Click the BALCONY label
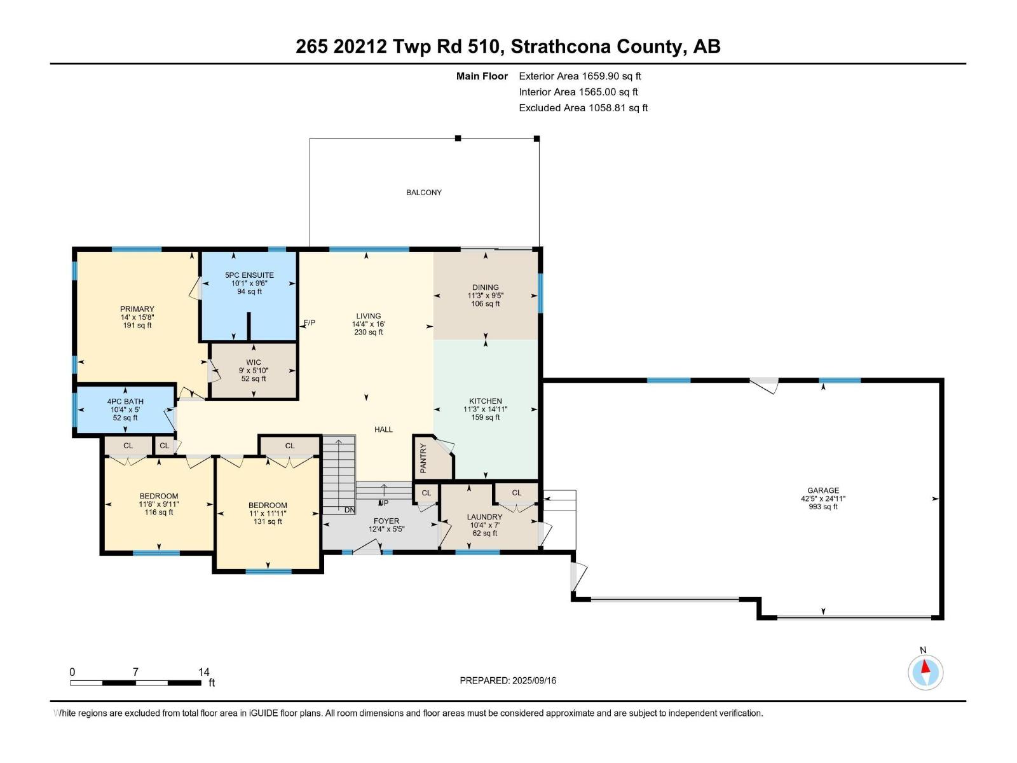[424, 193]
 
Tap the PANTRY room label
[423, 458]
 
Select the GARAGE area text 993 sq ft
[823, 507]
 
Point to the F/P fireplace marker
[309, 323]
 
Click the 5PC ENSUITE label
[249, 275]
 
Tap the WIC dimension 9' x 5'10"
[254, 371]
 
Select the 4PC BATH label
[125, 402]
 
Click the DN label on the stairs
[350, 510]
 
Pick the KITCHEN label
[486, 401]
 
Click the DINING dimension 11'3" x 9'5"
[486, 296]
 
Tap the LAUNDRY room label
[484, 517]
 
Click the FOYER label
[386, 521]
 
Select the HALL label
[383, 430]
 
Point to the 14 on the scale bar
[203, 672]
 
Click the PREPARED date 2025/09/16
[534, 680]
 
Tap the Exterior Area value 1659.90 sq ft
[611, 76]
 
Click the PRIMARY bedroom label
[137, 309]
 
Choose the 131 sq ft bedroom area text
[268, 521]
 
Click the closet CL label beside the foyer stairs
[427, 493]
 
